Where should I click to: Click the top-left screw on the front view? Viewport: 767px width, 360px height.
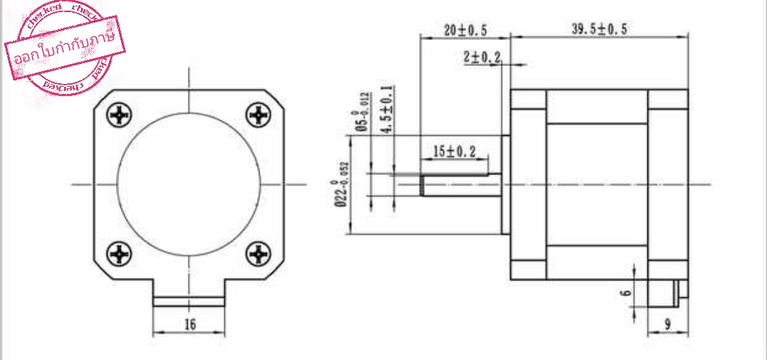119,114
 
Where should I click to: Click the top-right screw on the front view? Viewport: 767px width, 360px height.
257,114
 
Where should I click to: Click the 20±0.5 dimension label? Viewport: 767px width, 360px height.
465,30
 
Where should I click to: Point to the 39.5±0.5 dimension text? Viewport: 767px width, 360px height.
599,30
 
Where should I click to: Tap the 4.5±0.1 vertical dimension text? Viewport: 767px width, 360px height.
386,110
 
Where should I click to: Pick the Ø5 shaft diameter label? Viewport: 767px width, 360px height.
361,112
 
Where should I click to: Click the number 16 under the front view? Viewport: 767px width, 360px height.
189,324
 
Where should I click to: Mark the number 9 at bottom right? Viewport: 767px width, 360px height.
667,324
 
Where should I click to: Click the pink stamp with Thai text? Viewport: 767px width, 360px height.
66,49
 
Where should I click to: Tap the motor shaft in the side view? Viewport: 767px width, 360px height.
459,186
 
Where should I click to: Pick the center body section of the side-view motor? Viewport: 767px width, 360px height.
597,185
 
